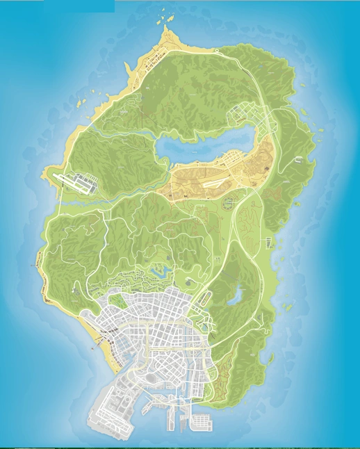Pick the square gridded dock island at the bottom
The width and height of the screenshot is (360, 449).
click(x=200, y=421)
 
